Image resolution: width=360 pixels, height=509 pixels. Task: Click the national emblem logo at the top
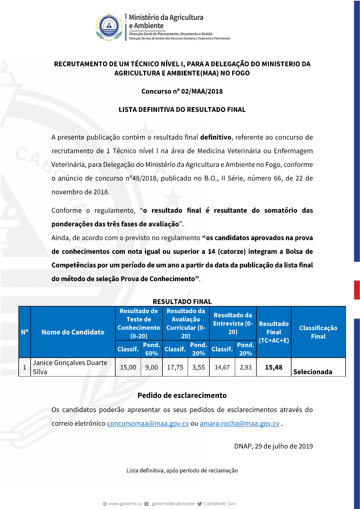(109, 27)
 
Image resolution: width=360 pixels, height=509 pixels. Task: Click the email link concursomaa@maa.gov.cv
(148, 423)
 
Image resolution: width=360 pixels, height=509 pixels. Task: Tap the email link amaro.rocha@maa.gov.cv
(239, 423)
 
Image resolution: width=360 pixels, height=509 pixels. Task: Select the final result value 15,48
(274, 367)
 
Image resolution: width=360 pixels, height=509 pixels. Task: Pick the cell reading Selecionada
(312, 371)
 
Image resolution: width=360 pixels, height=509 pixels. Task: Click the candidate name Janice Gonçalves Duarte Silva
(70, 367)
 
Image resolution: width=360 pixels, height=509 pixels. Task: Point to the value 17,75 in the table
(175, 367)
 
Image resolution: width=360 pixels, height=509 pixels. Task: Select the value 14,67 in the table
(222, 367)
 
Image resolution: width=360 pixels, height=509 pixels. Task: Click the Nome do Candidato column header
(73, 332)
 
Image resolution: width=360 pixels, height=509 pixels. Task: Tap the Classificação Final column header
(318, 332)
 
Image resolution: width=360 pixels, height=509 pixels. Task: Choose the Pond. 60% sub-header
(152, 349)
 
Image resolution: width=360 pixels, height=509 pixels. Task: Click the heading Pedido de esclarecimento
(182, 395)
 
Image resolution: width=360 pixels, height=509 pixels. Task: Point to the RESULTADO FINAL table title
(182, 301)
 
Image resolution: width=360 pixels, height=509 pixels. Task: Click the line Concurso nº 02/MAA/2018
(182, 91)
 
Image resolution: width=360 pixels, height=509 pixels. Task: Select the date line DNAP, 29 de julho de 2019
(273, 446)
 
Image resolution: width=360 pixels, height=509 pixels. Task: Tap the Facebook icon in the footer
(147, 504)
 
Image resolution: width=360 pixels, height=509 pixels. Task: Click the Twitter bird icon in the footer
(200, 504)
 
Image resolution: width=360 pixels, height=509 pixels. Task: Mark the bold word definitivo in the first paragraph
(216, 137)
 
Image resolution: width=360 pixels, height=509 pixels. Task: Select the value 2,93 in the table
(246, 367)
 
